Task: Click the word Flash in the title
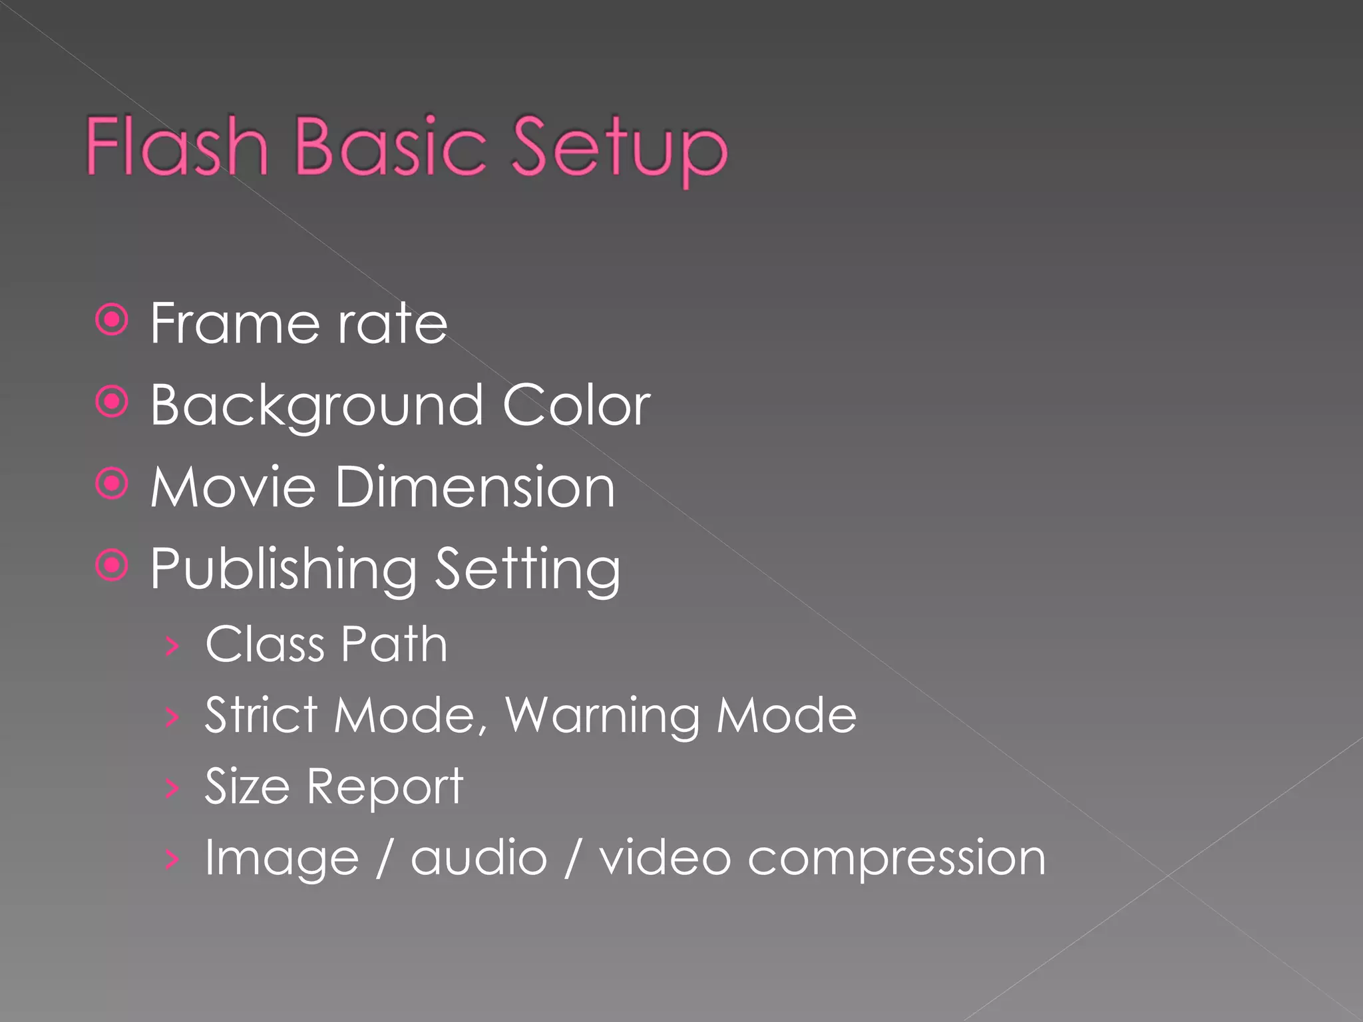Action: click(x=177, y=146)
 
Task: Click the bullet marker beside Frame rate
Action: click(x=112, y=321)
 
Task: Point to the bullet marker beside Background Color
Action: click(x=112, y=402)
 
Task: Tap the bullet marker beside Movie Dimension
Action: click(x=112, y=484)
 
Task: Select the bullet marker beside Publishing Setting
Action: click(x=112, y=566)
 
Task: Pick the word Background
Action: click(x=317, y=406)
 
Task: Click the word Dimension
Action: click(x=475, y=487)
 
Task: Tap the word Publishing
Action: click(x=284, y=570)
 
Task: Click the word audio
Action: click(x=479, y=858)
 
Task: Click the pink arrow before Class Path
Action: click(x=172, y=645)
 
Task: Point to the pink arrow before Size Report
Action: click(x=172, y=788)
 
